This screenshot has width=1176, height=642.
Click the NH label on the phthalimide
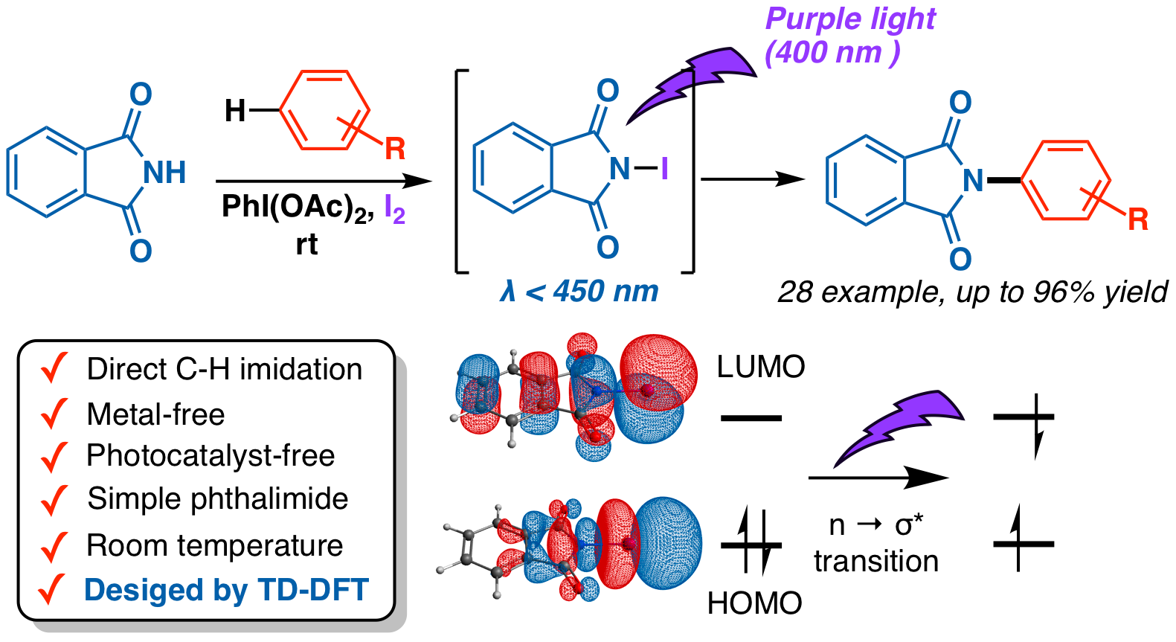[x=165, y=172]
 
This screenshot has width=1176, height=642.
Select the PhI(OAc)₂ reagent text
[x=298, y=208]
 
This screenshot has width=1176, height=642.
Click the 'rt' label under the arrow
[x=306, y=244]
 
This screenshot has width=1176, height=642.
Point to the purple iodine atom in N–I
[x=665, y=169]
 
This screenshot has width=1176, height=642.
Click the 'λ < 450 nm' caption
[x=579, y=291]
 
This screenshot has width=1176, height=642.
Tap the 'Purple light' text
[x=850, y=19]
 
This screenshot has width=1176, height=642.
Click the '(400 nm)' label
[x=832, y=53]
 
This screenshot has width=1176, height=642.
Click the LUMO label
[x=761, y=367]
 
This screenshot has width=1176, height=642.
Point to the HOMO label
[x=754, y=603]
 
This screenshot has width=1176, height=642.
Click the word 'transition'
[x=876, y=561]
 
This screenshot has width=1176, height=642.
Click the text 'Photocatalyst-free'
[x=211, y=455]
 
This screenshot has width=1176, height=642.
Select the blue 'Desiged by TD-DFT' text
[x=227, y=589]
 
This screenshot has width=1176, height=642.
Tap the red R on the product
[x=1137, y=219]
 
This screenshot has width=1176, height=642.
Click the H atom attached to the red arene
[x=234, y=111]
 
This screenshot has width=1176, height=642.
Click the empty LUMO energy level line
[x=751, y=418]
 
